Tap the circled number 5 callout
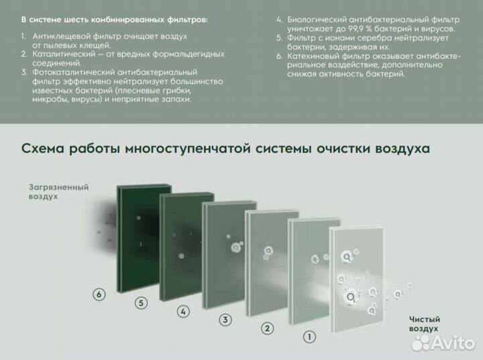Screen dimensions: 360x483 (141, 302)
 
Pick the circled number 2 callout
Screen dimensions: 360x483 (267, 328)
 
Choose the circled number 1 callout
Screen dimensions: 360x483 (309, 337)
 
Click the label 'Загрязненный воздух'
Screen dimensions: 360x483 (59, 193)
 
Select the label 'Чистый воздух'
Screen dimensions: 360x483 (424, 324)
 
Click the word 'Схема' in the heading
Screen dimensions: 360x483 (44, 148)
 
